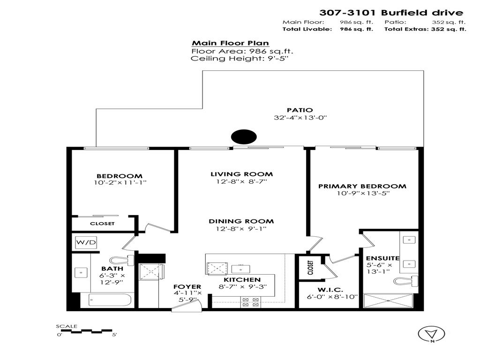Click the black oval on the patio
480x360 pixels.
[244, 137]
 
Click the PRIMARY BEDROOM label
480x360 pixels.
[362, 186]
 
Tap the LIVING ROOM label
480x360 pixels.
[241, 174]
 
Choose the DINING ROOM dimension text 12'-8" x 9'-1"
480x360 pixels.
[241, 229]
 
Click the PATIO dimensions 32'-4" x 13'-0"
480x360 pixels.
[300, 118]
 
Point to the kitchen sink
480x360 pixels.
[242, 269]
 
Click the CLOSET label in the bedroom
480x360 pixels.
[102, 224]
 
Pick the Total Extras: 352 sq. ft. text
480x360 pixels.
[425, 29]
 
